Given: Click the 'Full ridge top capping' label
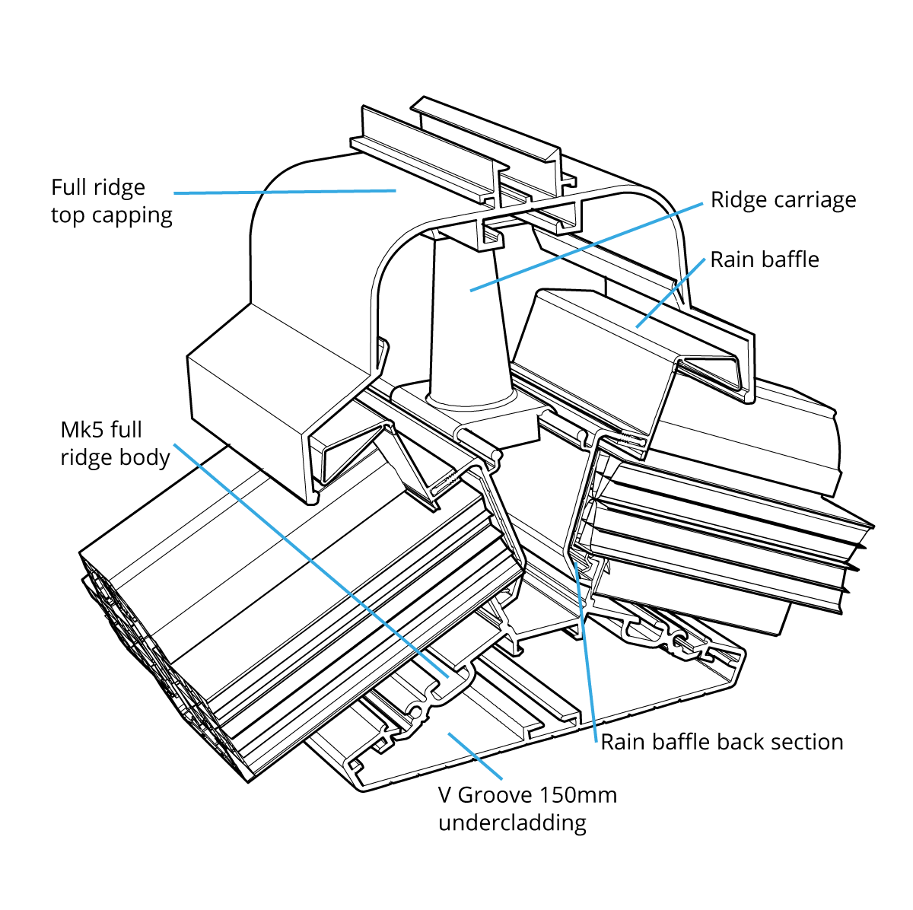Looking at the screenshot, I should [111, 201].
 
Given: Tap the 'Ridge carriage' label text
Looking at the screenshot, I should [783, 200].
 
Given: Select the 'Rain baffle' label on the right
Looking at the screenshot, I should [765, 259].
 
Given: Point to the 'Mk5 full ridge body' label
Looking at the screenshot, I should [114, 444].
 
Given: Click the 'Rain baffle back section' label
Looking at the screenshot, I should [722, 742].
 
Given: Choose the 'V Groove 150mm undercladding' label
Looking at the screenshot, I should [527, 809].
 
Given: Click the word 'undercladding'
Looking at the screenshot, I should [512, 823].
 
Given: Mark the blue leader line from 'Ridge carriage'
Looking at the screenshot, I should [586, 247].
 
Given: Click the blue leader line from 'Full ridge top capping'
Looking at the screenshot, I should [285, 192].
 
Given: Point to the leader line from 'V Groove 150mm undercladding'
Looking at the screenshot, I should [476, 756].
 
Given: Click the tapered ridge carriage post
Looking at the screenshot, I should [466, 320].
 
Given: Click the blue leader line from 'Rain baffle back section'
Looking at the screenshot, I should [586, 654].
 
